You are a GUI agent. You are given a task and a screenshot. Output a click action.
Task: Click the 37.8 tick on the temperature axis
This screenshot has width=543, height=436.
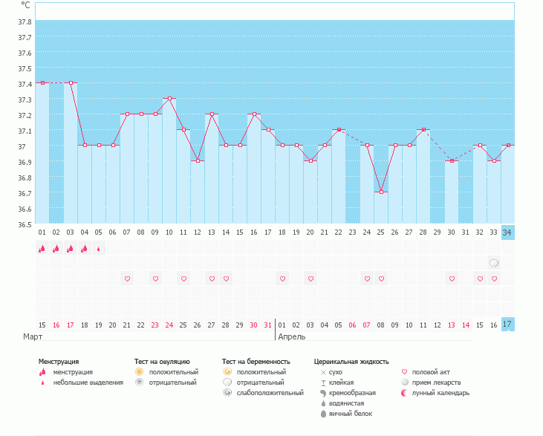coord(25,21)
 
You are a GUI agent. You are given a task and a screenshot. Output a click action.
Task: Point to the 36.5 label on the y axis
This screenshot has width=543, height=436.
coord(25,224)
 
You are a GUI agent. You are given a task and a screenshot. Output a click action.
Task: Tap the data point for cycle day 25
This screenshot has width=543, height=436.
coord(381,192)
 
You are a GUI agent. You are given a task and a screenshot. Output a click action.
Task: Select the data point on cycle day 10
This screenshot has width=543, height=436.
coord(169,99)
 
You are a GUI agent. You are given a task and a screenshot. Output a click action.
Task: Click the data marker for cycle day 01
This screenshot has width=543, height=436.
coord(42,83)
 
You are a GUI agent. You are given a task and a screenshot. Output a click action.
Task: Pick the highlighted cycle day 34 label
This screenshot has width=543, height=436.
coord(507,232)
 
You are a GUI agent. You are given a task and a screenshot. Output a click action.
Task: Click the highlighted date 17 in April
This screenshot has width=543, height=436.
coord(507,325)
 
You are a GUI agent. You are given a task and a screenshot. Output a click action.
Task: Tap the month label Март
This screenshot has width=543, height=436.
coord(33,337)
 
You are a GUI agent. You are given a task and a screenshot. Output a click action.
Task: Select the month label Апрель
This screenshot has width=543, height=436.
coord(291,337)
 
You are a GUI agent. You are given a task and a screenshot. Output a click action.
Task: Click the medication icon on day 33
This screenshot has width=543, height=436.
coord(493,264)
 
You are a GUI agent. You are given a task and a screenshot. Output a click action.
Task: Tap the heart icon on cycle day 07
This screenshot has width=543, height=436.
coord(127,279)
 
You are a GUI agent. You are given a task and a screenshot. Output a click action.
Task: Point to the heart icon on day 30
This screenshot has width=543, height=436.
coord(451,279)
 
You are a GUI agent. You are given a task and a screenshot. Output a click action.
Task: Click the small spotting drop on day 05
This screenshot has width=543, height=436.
coord(99,249)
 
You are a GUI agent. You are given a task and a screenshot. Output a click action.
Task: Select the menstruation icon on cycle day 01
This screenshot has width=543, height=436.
coord(42,249)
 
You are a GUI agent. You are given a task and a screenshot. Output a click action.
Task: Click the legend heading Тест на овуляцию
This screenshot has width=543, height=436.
coord(163,362)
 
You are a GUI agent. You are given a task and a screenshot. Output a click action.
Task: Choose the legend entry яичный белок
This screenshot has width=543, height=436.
coord(345,414)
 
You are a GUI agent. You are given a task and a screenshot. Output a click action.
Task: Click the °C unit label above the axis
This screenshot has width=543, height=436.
coord(25,4)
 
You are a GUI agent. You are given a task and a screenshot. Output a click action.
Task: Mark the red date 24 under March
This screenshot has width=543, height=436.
coord(169,325)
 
